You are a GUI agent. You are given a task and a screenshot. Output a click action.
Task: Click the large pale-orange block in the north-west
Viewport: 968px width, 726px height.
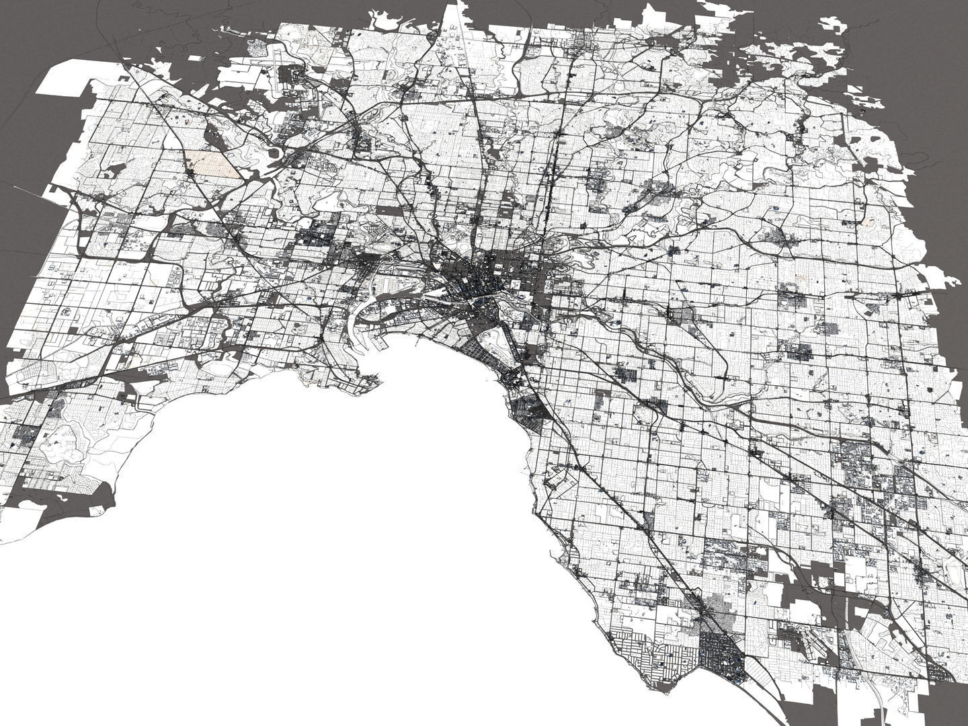point(212,165)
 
